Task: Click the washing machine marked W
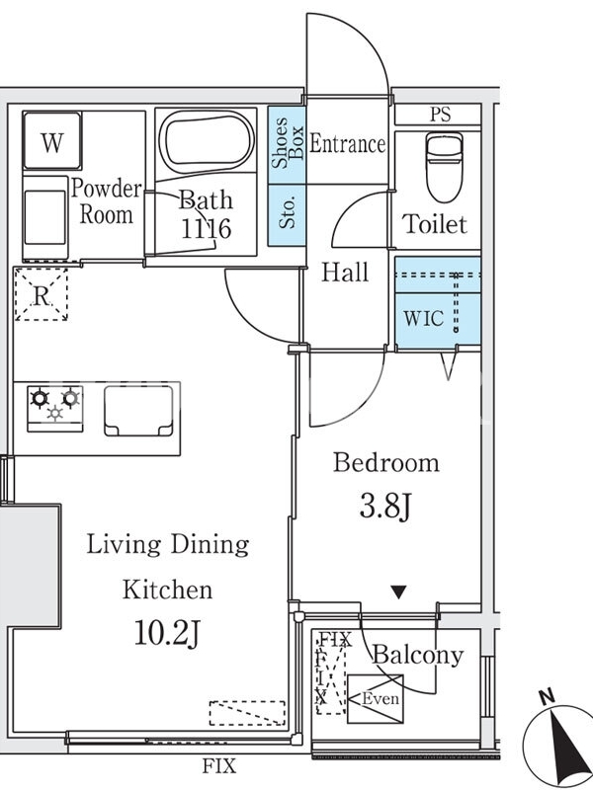[52, 140]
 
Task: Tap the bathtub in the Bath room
[207, 137]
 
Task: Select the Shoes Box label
[288, 143]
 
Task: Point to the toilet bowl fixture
[444, 166]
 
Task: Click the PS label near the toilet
[440, 115]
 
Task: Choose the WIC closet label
[424, 318]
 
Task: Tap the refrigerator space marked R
[41, 294]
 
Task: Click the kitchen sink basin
[138, 411]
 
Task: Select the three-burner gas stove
[55, 409]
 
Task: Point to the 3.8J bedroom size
[385, 506]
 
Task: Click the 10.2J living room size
[168, 633]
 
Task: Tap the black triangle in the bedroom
[399, 592]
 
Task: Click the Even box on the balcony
[376, 699]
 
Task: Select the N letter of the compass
[548, 697]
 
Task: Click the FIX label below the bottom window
[219, 766]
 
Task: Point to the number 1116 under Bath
[206, 229]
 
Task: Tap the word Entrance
[347, 143]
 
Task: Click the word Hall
[345, 273]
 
